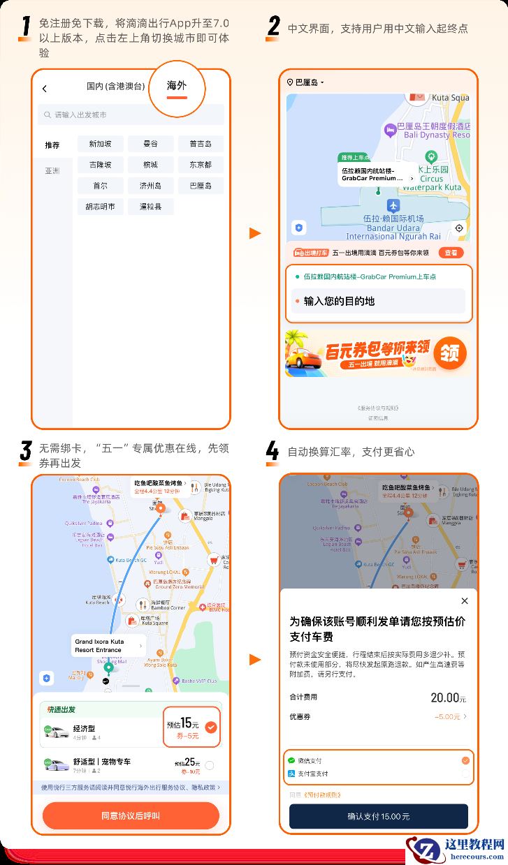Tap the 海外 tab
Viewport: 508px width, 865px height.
click(x=177, y=86)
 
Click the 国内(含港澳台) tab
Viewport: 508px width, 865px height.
click(x=115, y=87)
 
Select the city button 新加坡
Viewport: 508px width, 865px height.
click(x=100, y=144)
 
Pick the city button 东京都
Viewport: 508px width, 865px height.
click(x=201, y=165)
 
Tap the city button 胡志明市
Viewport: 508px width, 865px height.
click(x=100, y=207)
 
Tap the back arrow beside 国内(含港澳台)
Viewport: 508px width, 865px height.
click(x=45, y=89)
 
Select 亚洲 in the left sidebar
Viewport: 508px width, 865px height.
click(x=52, y=170)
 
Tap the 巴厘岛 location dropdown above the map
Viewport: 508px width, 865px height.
click(x=306, y=82)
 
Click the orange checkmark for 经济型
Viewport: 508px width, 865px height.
click(x=211, y=727)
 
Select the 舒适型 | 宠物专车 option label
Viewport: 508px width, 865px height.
click(x=102, y=761)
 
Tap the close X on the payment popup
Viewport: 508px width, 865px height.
click(x=465, y=601)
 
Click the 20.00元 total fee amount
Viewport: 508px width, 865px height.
click(x=448, y=697)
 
